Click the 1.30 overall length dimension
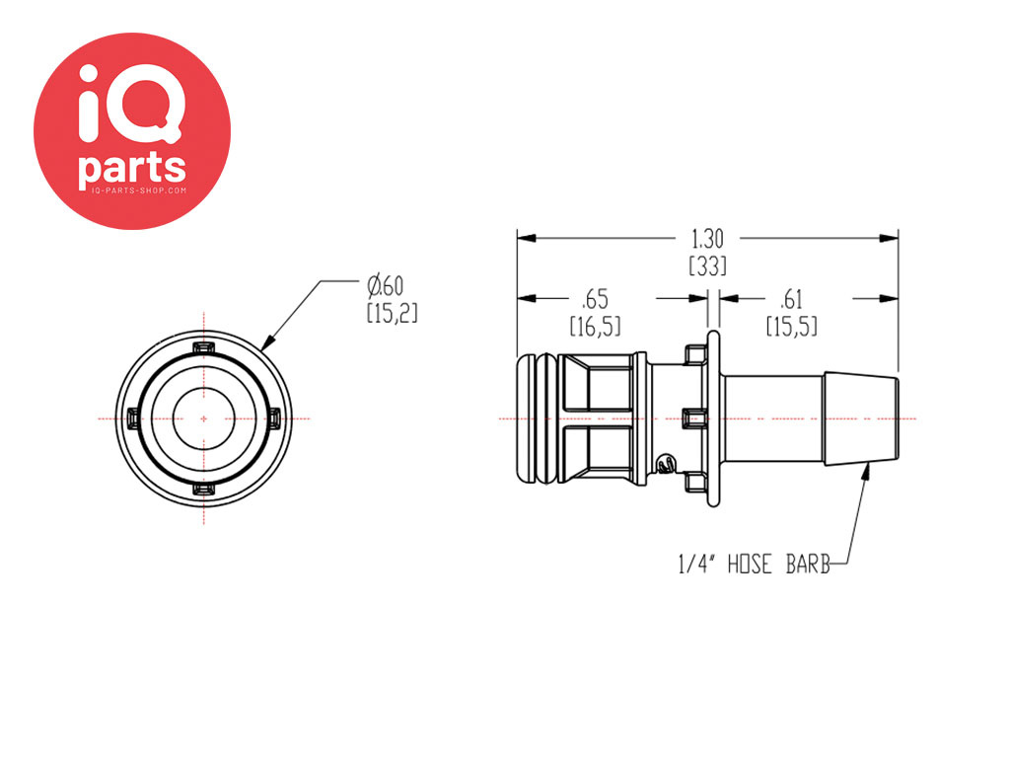click(707, 239)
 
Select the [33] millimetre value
click(707, 265)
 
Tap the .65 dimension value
click(595, 300)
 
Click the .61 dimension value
click(791, 300)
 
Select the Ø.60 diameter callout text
click(386, 285)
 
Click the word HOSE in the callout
click(750, 565)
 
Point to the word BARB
click(808, 565)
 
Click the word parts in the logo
click(132, 168)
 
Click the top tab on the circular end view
click(203, 348)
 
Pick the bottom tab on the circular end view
click(203, 491)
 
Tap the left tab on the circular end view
click(133, 418)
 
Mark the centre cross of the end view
click(203, 418)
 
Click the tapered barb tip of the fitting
click(861, 417)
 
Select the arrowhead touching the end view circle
click(269, 342)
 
